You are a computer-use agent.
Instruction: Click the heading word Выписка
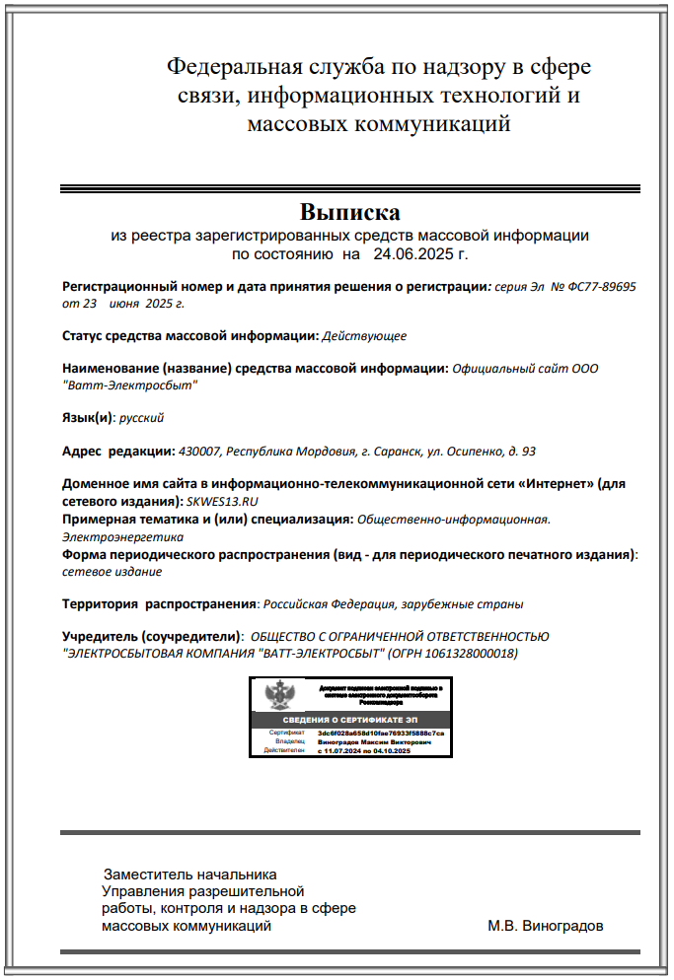pyautogui.click(x=350, y=213)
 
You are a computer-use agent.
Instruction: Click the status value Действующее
pyautogui.click(x=364, y=336)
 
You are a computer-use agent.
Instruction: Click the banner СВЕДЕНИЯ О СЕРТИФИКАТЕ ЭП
pyautogui.click(x=350, y=721)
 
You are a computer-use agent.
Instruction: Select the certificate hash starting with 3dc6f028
pyautogui.click(x=381, y=734)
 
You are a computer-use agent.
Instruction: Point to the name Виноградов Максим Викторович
pyautogui.click(x=373, y=742)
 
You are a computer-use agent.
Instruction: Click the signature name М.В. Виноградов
pyautogui.click(x=545, y=927)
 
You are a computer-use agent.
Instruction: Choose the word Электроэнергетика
pyautogui.click(x=123, y=537)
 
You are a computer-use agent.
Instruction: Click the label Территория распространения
pyautogui.click(x=159, y=603)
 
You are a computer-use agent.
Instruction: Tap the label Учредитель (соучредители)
pyautogui.click(x=151, y=637)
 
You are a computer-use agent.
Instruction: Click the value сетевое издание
pyautogui.click(x=112, y=571)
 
